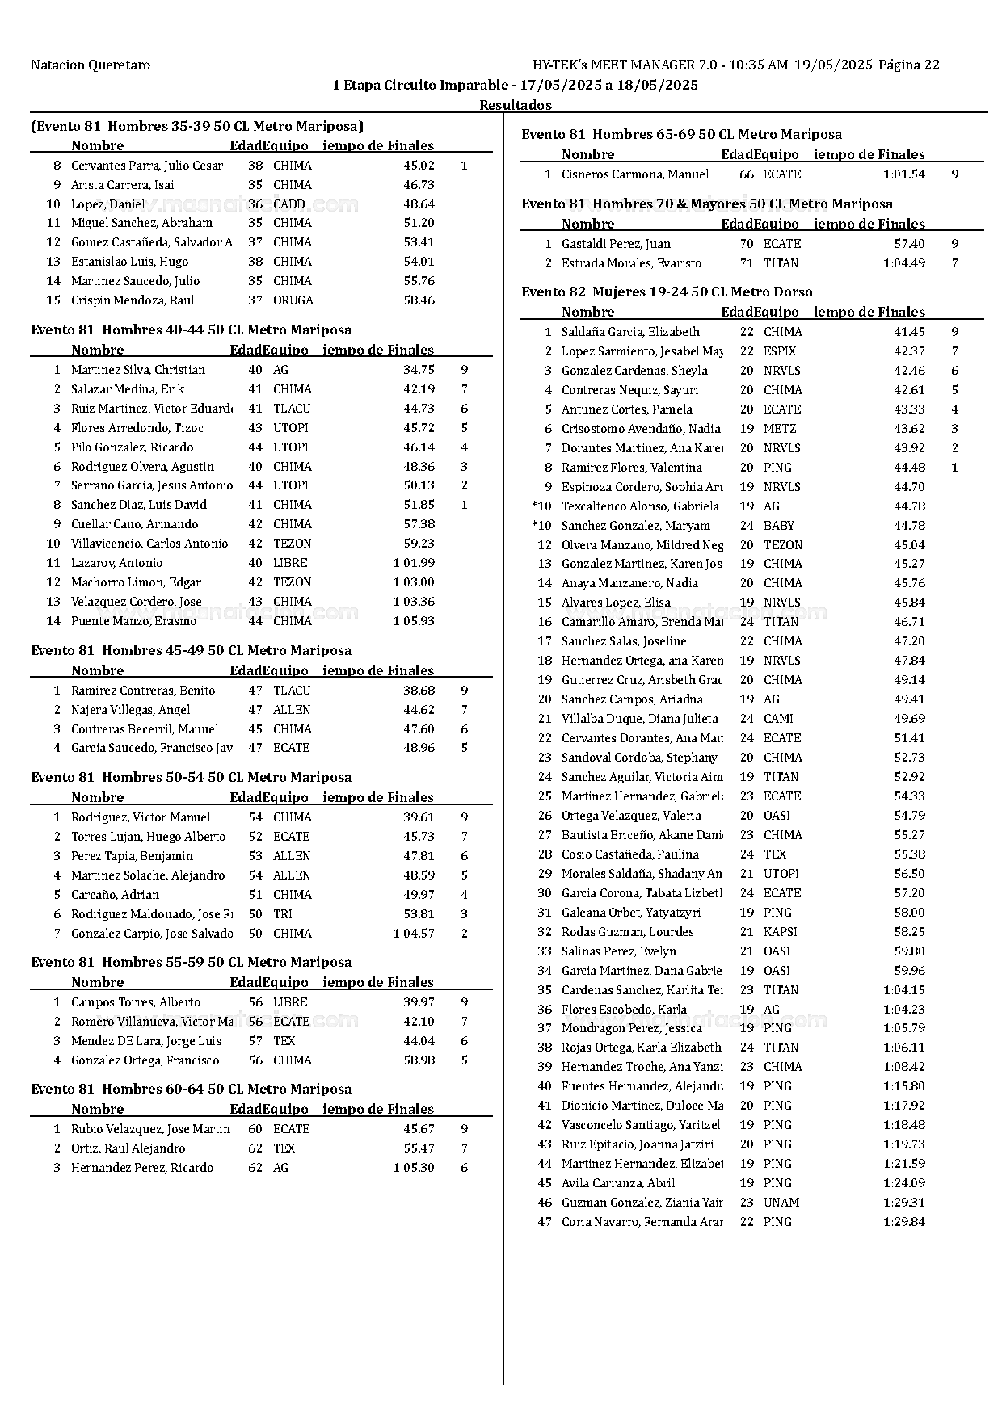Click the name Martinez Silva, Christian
[137, 370]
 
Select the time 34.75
[419, 370]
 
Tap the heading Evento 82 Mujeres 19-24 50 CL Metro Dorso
[667, 292]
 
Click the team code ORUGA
[293, 300]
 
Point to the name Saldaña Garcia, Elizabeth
[630, 332]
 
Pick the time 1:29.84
[903, 1222]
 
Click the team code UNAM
[781, 1203]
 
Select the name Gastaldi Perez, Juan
[616, 244]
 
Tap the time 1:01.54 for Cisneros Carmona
[903, 174]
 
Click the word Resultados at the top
[516, 105]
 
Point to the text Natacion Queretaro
[91, 65]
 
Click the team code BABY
[778, 526]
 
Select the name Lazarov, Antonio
[116, 563]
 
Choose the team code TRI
[282, 914]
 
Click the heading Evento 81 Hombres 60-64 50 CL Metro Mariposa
[191, 1089]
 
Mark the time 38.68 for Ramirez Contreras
[419, 691]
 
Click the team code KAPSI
[780, 932]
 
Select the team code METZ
[779, 429]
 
